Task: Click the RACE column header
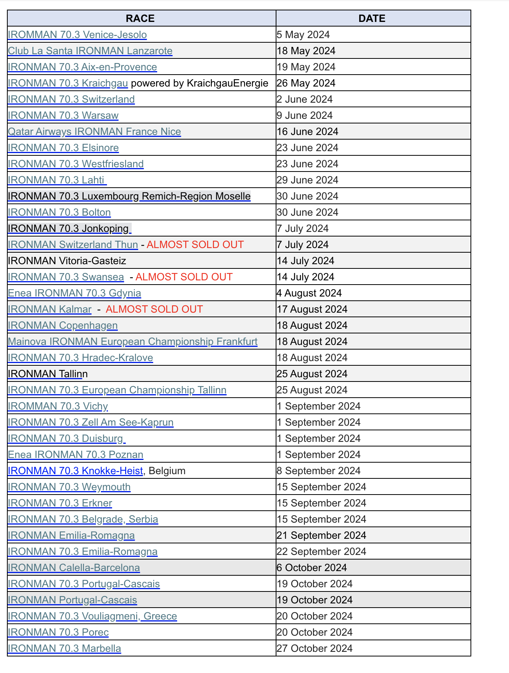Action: coord(140,18)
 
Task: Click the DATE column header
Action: coord(372,18)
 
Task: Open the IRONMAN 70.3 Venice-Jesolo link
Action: coord(77,35)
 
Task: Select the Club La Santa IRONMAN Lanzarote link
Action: coord(90,51)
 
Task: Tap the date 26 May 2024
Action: coord(306,83)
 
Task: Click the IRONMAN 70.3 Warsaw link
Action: coord(63,115)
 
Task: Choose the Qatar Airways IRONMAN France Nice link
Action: coord(94,132)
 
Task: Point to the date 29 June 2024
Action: coord(307,180)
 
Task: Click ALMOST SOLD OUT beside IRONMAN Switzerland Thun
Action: coord(195,245)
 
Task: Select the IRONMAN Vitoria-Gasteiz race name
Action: coord(67,261)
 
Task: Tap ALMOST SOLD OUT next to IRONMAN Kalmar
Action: coord(154,309)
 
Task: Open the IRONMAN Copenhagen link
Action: coord(62,325)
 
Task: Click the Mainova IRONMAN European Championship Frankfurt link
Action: coord(132,341)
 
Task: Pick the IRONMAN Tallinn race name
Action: coord(47,374)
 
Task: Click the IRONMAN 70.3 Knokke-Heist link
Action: coord(75,471)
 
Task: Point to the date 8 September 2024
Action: coord(318,471)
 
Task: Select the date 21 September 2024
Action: coord(321,535)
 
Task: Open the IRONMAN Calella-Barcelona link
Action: coord(74,568)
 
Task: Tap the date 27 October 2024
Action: coord(314,648)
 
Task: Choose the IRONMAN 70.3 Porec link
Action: coord(58,632)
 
